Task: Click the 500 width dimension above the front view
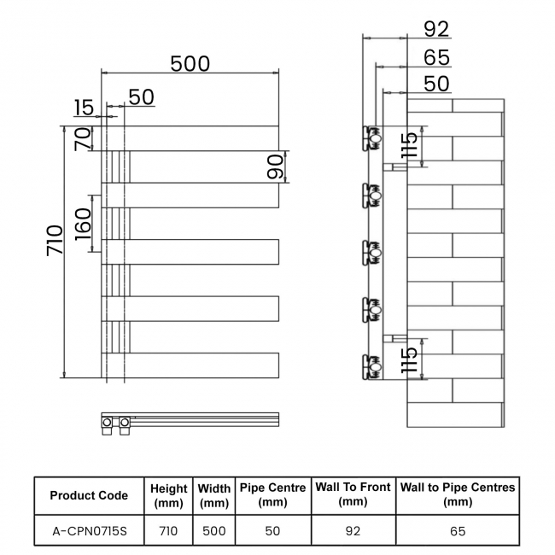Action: [190, 64]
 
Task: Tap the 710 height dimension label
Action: [53, 243]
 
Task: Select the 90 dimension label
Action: [275, 166]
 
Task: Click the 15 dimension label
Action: [84, 108]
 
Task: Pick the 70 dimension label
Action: [82, 138]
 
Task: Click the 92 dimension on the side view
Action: [435, 30]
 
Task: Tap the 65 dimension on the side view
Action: [435, 57]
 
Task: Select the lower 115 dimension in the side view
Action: [411, 359]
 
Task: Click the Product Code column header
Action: [89, 495]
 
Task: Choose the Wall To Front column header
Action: [353, 494]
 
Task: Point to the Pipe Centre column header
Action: [272, 494]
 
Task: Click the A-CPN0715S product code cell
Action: [89, 530]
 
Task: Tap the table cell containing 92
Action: [353, 530]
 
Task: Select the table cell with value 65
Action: [458, 530]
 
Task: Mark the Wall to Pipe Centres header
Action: [458, 494]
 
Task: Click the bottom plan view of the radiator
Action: [190, 421]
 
